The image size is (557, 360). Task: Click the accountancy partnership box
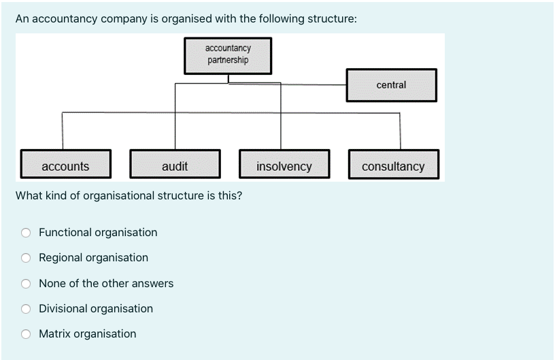click(228, 55)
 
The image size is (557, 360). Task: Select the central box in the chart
click(391, 85)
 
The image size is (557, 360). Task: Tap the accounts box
click(65, 166)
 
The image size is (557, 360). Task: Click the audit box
click(175, 166)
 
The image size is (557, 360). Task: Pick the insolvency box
click(284, 166)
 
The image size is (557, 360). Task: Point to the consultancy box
click(393, 166)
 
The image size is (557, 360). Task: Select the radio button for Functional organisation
click(26, 233)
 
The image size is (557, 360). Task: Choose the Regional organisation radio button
click(26, 258)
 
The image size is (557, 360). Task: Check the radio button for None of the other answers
click(26, 284)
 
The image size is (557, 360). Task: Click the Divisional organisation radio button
click(26, 309)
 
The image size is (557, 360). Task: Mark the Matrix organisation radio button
click(26, 334)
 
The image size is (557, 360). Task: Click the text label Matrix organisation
click(87, 333)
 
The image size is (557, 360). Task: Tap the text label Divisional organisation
click(96, 308)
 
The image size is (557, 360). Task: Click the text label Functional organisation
click(98, 232)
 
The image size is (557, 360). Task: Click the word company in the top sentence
click(123, 19)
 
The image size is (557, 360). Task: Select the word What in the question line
click(29, 196)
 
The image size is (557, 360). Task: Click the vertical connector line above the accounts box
click(63, 131)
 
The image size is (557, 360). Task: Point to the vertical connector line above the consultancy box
click(400, 131)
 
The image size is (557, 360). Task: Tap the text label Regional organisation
click(93, 257)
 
